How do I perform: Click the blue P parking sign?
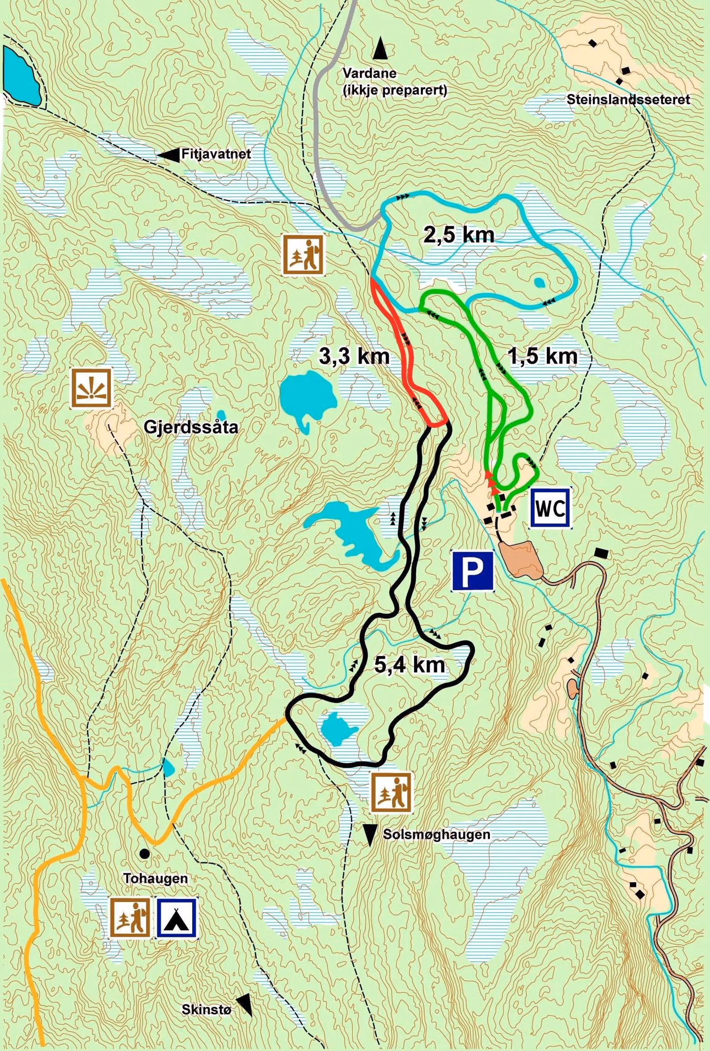tap(472, 571)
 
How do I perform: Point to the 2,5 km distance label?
tap(459, 235)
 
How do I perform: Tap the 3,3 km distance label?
tap(354, 357)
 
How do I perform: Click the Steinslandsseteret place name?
tap(628, 100)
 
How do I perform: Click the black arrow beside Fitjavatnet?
tap(168, 155)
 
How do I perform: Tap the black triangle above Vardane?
tap(380, 48)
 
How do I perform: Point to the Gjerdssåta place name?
tap(190, 426)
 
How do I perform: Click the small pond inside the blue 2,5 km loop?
tap(539, 283)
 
